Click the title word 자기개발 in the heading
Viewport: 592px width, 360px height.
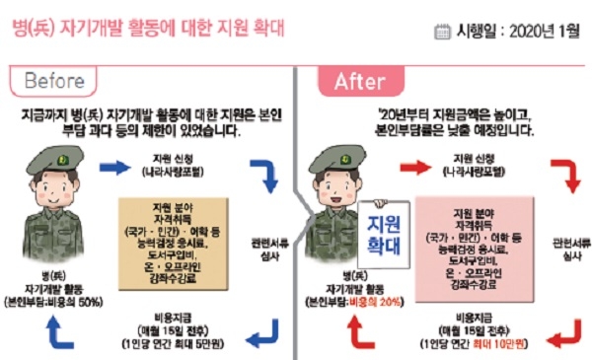click(x=86, y=27)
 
